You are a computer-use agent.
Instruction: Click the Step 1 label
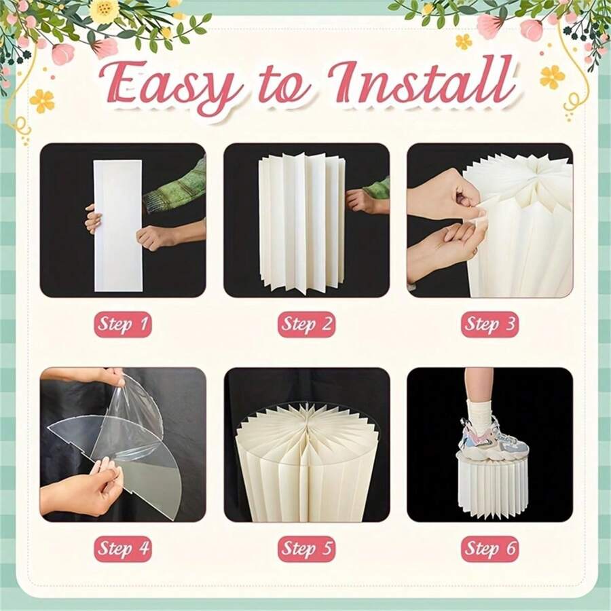[x=123, y=324]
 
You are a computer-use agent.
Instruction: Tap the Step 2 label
[x=307, y=324]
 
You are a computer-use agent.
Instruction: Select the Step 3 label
[x=489, y=324]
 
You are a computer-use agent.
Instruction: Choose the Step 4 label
[x=123, y=549]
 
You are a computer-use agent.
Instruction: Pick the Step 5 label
[x=307, y=549]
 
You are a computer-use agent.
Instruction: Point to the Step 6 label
[x=489, y=549]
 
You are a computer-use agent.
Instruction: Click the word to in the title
[x=282, y=88]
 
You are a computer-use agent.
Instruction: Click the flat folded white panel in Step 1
[x=118, y=225]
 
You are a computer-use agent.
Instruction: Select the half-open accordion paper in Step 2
[x=302, y=223]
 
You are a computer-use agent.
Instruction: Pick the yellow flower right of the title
[x=552, y=77]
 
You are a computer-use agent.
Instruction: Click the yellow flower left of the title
[x=41, y=101]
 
